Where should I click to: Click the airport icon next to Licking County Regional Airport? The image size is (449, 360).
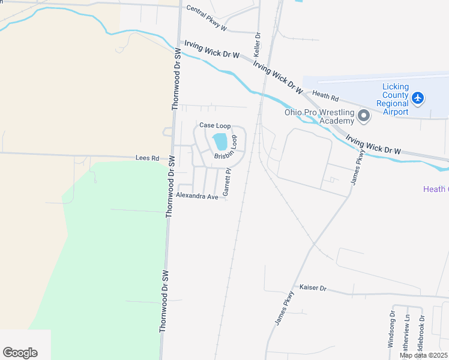[418, 97]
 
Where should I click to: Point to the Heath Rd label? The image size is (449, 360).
[326, 97]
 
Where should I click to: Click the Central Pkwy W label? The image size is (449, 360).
[206, 18]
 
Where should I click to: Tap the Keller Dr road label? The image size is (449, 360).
[258, 44]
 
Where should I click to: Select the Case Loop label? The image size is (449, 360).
[215, 125]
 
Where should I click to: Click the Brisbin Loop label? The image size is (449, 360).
[230, 150]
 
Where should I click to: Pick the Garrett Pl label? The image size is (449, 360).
[227, 182]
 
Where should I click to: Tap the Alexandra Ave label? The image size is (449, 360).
[197, 196]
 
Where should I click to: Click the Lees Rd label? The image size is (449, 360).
[147, 158]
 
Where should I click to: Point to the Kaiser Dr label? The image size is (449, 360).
[312, 288]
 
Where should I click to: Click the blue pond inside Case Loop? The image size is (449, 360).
[220, 142]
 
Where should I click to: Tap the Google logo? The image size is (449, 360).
[20, 353]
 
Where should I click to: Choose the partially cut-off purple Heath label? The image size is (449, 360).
[436, 189]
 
